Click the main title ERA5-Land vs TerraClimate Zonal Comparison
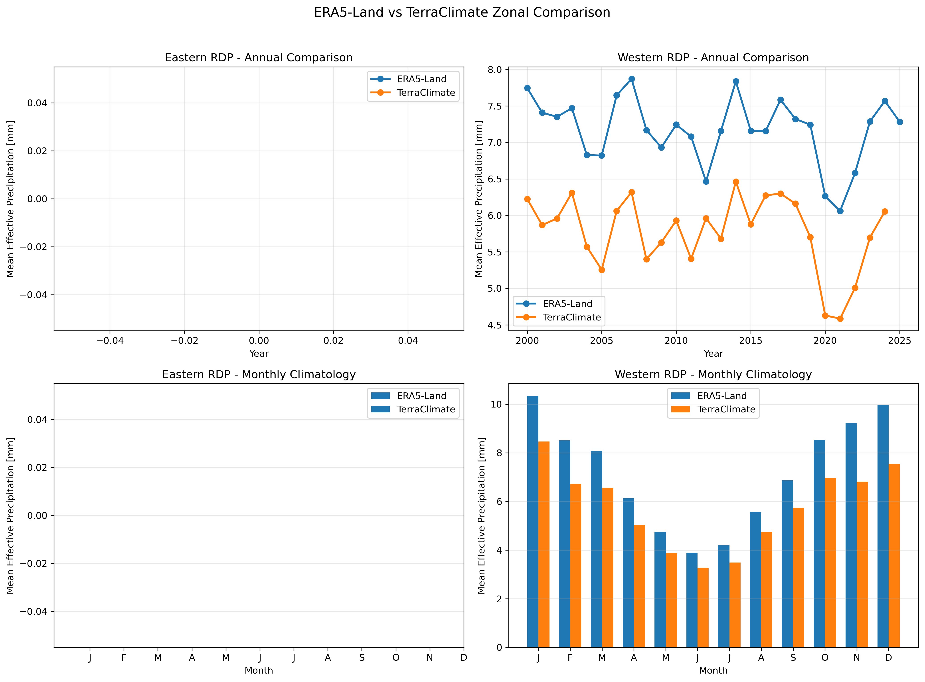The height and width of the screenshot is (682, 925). tap(462, 12)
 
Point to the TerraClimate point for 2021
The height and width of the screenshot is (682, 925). tap(840, 319)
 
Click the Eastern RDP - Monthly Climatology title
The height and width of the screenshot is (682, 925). tap(259, 374)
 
